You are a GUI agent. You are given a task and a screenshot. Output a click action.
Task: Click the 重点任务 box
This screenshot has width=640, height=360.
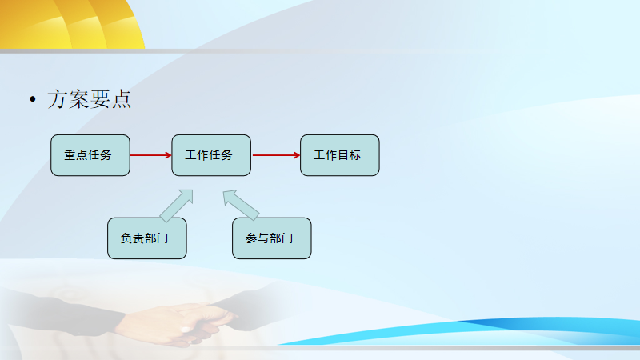90,155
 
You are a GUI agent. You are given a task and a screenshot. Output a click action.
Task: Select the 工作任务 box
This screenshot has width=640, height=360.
211,155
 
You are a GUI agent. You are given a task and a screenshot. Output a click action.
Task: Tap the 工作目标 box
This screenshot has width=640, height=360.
339,155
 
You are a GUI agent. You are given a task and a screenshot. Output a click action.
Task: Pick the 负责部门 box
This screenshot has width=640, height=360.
147,238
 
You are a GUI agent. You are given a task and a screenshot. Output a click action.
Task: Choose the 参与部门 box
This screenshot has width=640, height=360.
272,238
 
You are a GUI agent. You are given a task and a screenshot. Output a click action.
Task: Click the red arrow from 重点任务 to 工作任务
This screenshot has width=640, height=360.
150,155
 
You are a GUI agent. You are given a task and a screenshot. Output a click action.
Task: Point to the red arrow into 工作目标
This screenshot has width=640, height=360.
276,155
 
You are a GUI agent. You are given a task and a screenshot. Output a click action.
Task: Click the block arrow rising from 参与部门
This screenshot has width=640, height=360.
240,204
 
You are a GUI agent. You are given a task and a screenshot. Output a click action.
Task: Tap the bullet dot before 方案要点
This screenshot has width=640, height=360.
33,99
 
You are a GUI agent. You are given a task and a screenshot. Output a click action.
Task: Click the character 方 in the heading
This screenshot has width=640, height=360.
57,99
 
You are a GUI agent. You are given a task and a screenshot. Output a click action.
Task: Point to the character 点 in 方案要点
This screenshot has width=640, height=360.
122,99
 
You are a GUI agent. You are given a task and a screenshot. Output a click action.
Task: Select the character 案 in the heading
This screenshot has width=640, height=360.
78,99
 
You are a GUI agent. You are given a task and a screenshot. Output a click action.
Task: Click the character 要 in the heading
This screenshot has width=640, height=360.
100,99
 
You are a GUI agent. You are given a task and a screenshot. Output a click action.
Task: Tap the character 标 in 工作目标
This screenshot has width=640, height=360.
355,155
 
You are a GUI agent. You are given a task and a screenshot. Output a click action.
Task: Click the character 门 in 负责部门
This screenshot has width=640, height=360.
162,238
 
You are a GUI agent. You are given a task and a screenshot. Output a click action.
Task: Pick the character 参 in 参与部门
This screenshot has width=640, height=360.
251,238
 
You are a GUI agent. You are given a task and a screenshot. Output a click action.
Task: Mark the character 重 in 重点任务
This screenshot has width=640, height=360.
70,155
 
